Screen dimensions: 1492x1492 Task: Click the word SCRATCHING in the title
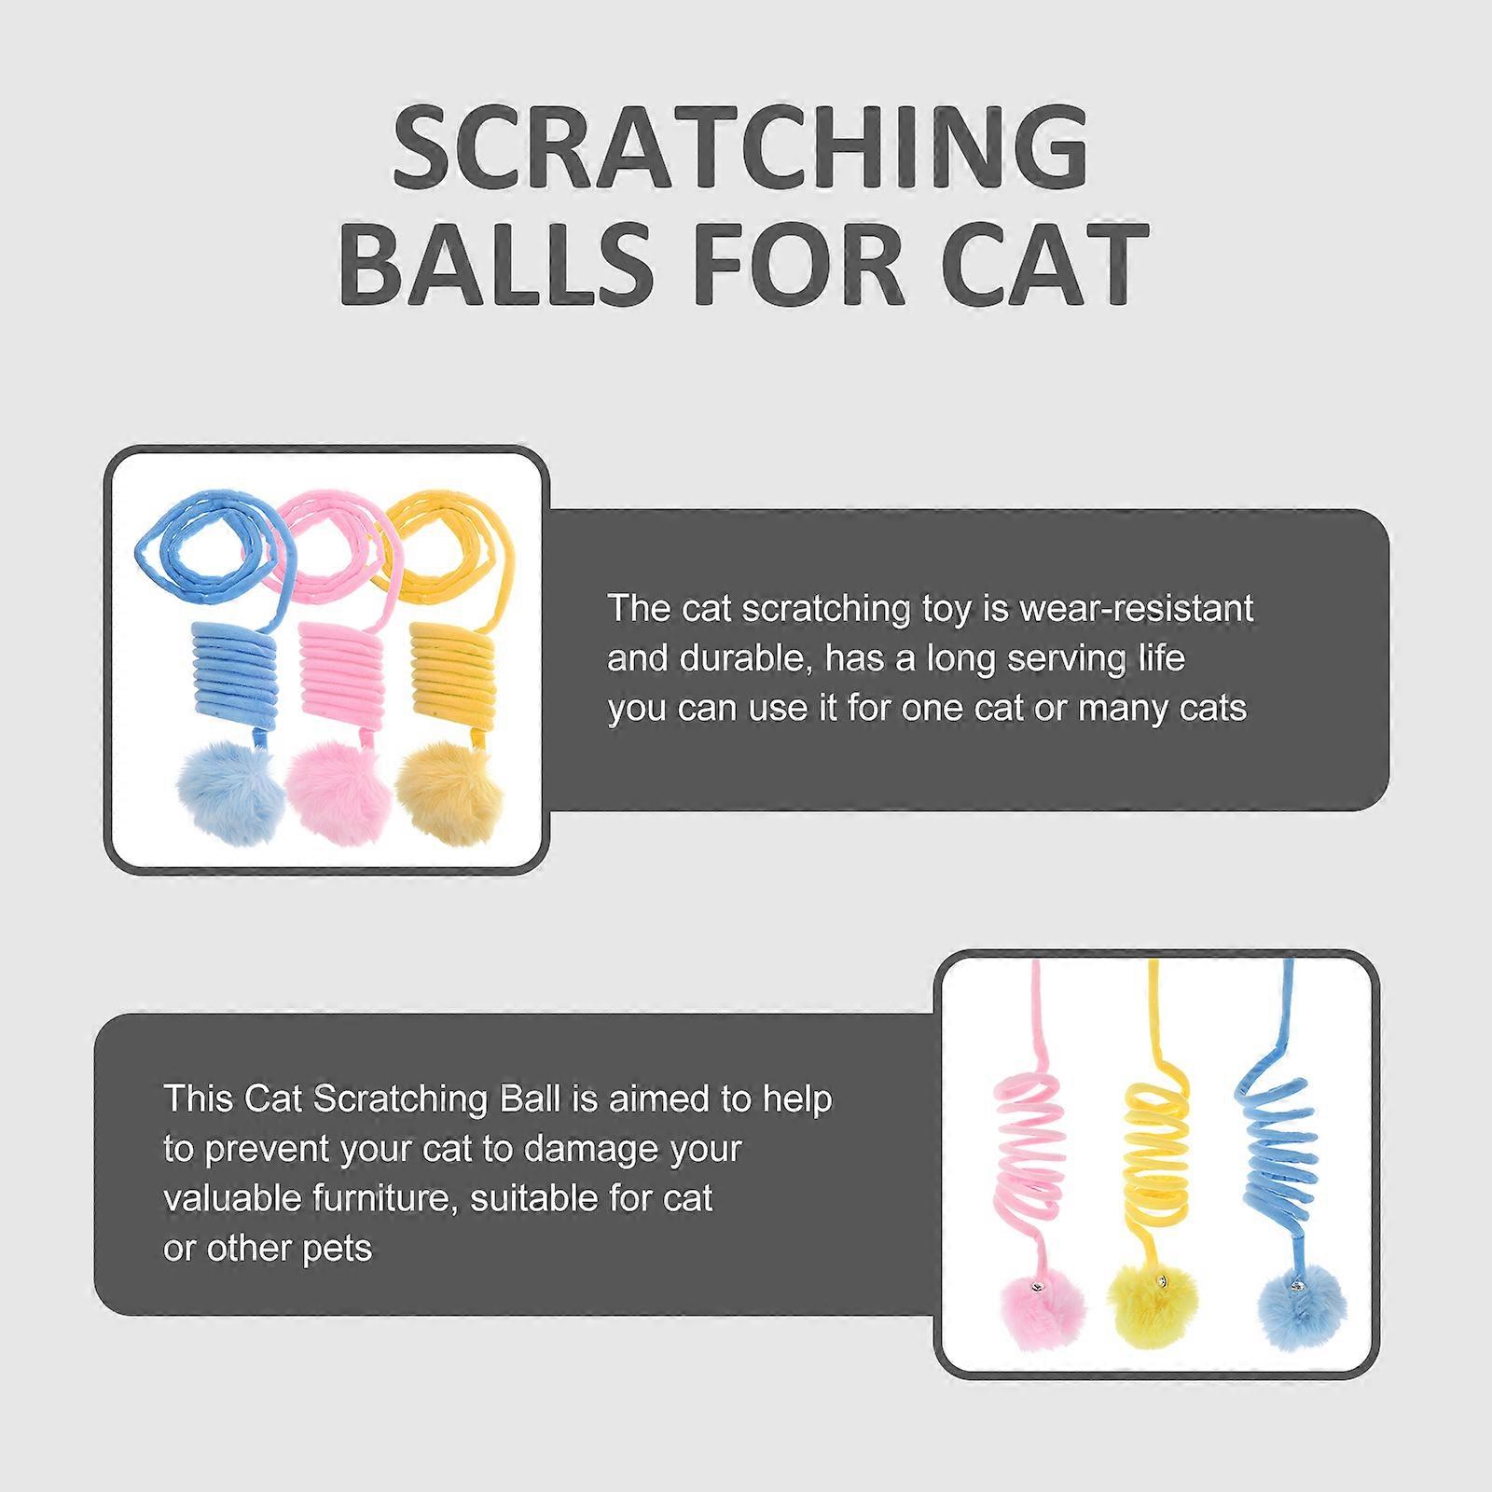tap(741, 148)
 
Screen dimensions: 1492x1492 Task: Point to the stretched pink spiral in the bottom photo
tap(1029, 1146)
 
